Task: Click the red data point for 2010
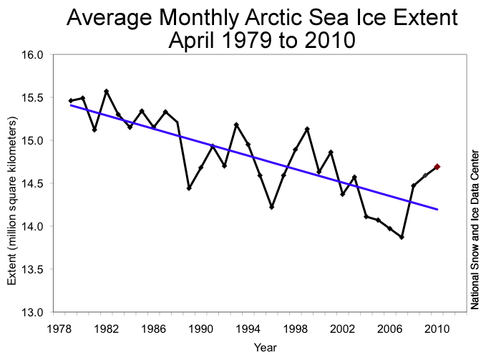coord(437,167)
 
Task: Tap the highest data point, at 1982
coord(106,91)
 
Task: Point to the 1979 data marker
coord(71,101)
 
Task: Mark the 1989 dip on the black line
coord(189,188)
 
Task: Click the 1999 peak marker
coord(307,129)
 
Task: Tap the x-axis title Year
coord(262,348)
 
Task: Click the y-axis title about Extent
coord(12,183)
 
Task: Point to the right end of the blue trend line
coord(437,209)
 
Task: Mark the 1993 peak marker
coord(236,125)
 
